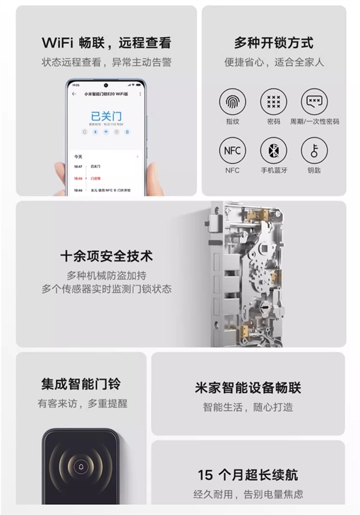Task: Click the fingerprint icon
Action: click(232, 101)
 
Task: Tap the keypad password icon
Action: click(273, 101)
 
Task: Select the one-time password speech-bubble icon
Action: click(314, 101)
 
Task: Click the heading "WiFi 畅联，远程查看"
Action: click(106, 43)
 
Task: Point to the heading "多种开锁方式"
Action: click(273, 43)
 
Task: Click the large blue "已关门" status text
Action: click(106, 116)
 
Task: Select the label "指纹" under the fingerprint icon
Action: click(232, 121)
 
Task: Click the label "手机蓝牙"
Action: click(273, 170)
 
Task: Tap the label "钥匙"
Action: click(314, 170)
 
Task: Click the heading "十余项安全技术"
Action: click(106, 256)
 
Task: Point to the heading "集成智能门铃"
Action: click(80, 384)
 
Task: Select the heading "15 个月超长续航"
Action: click(248, 475)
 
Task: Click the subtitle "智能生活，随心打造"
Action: click(248, 407)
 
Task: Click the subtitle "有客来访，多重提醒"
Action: click(80, 403)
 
